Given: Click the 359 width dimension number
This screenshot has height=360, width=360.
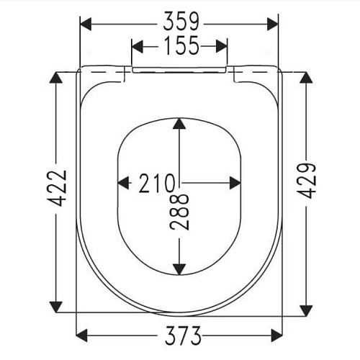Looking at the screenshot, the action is click(x=181, y=22).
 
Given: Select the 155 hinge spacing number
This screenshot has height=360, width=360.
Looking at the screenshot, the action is click(x=181, y=45).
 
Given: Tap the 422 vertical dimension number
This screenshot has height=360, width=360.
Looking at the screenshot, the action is click(x=59, y=188).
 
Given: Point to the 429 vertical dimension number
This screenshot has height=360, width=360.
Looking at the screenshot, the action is click(x=308, y=181).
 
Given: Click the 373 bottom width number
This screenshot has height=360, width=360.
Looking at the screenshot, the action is click(x=183, y=336).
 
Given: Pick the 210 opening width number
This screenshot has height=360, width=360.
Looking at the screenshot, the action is click(x=157, y=183).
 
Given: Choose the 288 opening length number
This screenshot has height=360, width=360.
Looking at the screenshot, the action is click(x=179, y=212).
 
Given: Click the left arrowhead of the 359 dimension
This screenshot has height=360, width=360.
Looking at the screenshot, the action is click(x=86, y=24).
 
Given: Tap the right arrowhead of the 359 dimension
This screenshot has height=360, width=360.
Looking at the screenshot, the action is click(x=272, y=24).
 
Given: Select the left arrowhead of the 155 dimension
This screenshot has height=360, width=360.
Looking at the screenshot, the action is click(x=138, y=46).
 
